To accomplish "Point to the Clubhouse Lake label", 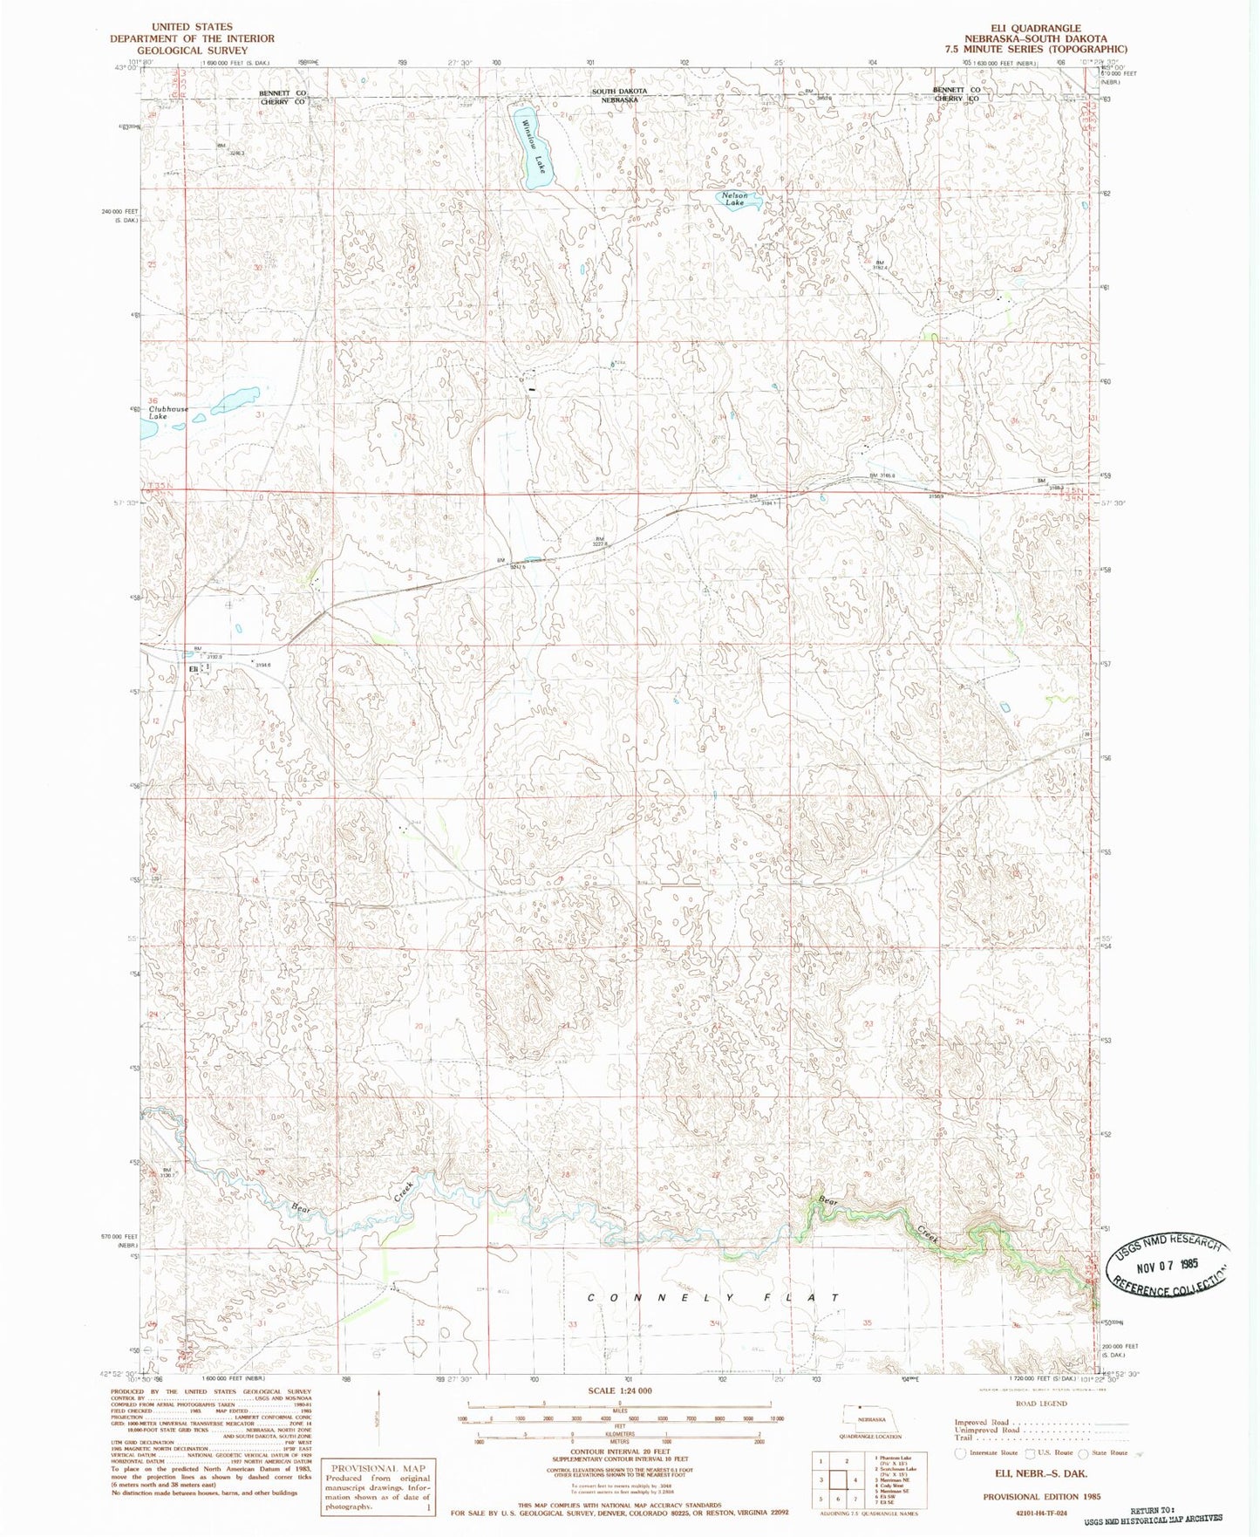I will pos(167,413).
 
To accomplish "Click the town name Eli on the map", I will pos(194,668).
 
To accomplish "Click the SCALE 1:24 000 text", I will pos(619,1390).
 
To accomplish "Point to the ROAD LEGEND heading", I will pos(1040,1404).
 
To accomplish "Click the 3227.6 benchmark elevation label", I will pos(600,543).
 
